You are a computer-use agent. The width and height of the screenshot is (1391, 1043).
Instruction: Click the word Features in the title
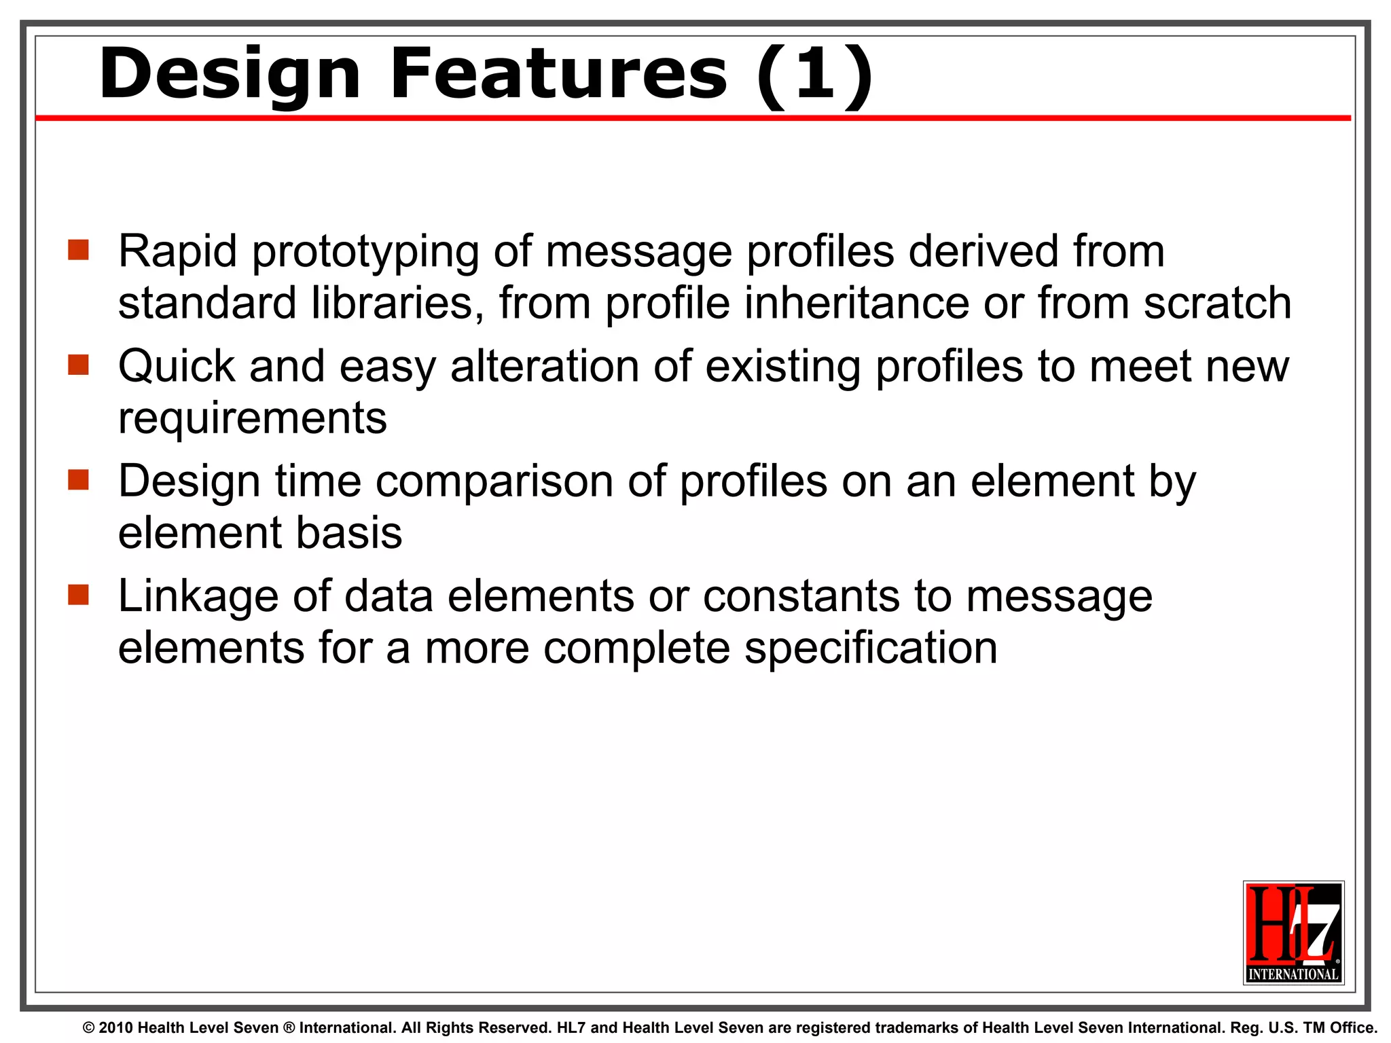558,73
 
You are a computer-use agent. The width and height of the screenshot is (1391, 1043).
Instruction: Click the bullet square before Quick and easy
79,365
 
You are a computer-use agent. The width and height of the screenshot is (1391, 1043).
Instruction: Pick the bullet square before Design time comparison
79,480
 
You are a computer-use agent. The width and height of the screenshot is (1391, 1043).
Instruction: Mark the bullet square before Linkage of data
79,595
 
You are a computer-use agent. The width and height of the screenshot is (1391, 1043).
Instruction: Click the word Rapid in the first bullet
178,251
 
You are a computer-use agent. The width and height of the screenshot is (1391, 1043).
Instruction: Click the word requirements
253,418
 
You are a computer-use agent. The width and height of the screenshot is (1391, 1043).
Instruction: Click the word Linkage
198,598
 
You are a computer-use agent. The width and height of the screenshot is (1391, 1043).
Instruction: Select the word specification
871,648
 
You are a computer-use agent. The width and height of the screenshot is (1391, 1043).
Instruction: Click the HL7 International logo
1293,932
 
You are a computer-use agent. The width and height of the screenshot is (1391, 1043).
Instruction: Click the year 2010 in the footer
115,1028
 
